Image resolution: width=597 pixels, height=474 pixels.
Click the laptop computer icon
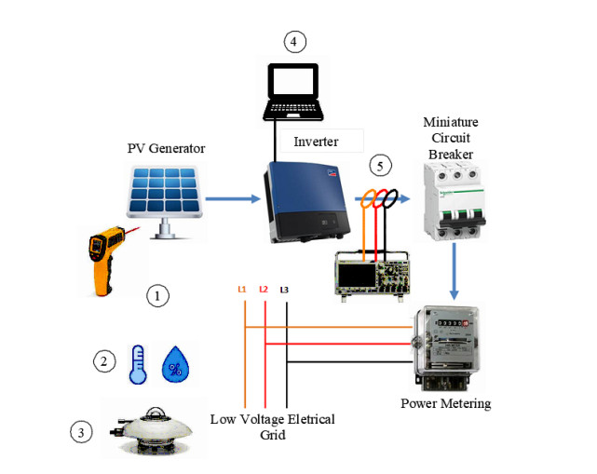pyautogui.click(x=292, y=89)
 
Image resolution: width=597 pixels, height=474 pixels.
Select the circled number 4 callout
pyautogui.click(x=294, y=42)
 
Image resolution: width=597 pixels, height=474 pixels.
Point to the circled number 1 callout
pyautogui.click(x=159, y=295)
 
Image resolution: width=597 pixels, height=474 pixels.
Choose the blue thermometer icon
pyautogui.click(x=137, y=364)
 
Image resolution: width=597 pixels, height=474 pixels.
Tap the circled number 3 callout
pyautogui.click(x=83, y=432)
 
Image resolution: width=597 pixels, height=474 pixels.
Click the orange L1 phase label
pyautogui.click(x=242, y=290)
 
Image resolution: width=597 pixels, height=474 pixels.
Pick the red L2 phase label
pyautogui.click(x=264, y=290)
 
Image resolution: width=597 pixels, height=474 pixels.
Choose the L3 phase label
pyautogui.click(x=285, y=290)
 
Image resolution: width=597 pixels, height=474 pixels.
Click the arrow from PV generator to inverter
pyautogui.click(x=232, y=197)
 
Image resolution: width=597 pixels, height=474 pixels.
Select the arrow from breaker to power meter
pyautogui.click(x=453, y=270)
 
